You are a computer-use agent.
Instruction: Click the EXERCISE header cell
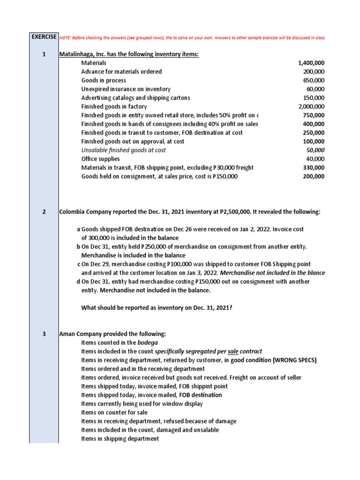click(x=44, y=37)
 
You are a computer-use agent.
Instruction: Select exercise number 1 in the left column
click(x=44, y=54)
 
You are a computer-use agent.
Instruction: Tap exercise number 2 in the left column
click(x=44, y=212)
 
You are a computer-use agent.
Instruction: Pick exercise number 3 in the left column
click(x=44, y=334)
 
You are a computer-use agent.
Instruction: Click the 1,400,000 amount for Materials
click(x=311, y=63)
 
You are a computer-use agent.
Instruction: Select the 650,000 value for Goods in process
click(x=314, y=81)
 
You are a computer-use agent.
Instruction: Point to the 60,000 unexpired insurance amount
click(x=315, y=89)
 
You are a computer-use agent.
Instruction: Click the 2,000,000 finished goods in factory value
click(x=311, y=107)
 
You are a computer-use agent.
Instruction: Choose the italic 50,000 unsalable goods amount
click(x=315, y=150)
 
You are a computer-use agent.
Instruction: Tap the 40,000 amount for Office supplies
click(x=315, y=159)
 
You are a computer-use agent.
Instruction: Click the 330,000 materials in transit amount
click(x=314, y=168)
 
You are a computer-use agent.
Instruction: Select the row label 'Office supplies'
click(x=99, y=159)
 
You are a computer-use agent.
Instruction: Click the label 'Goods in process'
click(x=104, y=81)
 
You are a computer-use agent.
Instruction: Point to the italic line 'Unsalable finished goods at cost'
click(x=123, y=150)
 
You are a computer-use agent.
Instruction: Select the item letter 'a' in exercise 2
click(x=78, y=229)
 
